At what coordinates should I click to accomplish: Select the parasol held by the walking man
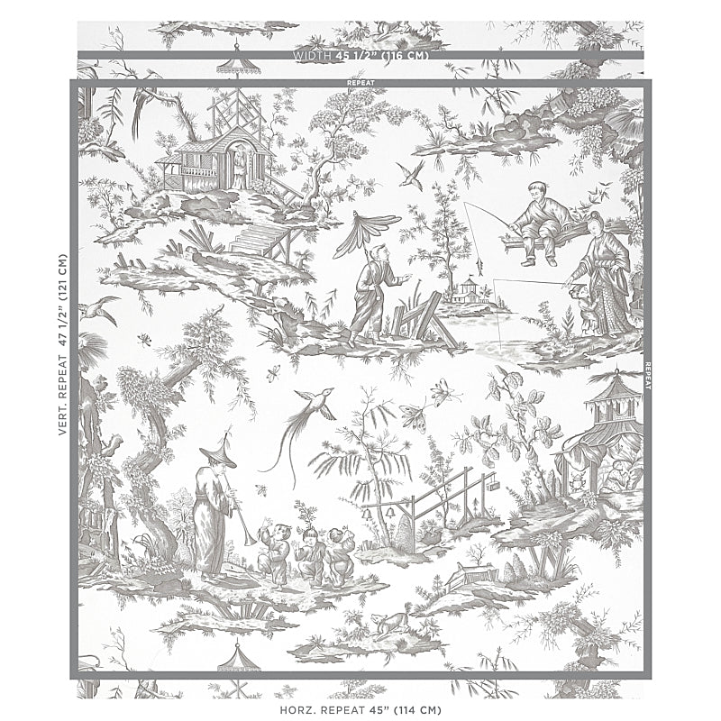[369, 224]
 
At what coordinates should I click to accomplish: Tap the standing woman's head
[595, 220]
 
